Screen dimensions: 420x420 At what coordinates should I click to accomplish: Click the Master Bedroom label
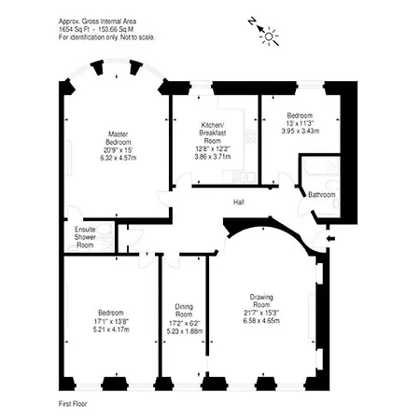(117, 138)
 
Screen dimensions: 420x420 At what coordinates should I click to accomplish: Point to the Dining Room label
(182, 310)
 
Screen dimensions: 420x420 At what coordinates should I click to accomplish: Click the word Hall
(239, 201)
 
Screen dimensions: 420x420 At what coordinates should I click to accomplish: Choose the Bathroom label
(321, 194)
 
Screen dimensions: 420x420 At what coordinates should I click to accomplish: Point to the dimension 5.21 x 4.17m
(110, 329)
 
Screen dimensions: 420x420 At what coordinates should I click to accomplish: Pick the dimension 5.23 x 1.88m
(182, 329)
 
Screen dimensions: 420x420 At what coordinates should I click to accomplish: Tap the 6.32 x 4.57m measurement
(118, 159)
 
